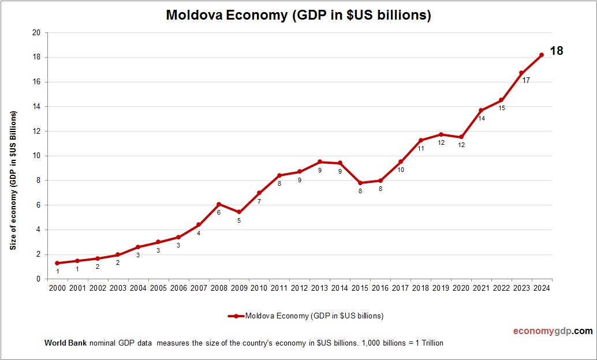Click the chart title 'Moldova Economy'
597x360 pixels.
pyautogui.click(x=298, y=16)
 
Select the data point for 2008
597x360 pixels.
pyautogui.click(x=219, y=204)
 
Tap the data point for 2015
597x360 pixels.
pyautogui.click(x=360, y=183)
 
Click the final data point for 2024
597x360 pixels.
pyautogui.click(x=542, y=55)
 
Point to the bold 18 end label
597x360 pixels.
pyautogui.click(x=556, y=51)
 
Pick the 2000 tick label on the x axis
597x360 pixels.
pyautogui.click(x=57, y=288)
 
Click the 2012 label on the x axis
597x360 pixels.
pyautogui.click(x=300, y=288)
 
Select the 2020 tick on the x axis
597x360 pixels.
pyautogui.click(x=461, y=288)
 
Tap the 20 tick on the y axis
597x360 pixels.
pyautogui.click(x=36, y=33)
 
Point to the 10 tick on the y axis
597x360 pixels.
pyautogui.click(x=36, y=156)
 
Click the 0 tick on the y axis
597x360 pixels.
pyautogui.click(x=38, y=279)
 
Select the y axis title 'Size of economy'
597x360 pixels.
pyautogui.click(x=13, y=180)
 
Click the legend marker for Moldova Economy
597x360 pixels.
pyautogui.click(x=236, y=316)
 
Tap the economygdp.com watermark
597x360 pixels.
pyautogui.click(x=553, y=331)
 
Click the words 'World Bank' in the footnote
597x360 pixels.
pyautogui.click(x=65, y=343)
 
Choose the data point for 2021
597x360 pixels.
pyautogui.click(x=481, y=110)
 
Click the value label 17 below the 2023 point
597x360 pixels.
pyautogui.click(x=526, y=80)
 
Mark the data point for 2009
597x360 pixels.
pyautogui.click(x=239, y=212)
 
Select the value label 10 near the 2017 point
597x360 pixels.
pyautogui.click(x=401, y=170)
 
